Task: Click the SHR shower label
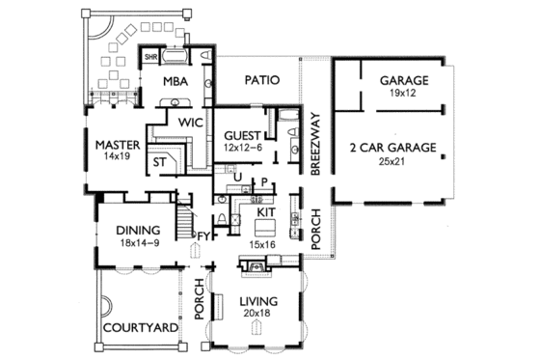(x=151, y=57)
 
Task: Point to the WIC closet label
(x=189, y=122)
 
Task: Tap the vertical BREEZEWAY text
(x=315, y=141)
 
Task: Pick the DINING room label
(x=137, y=230)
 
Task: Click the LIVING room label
(x=258, y=302)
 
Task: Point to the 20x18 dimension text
(x=258, y=315)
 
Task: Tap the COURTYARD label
(x=140, y=328)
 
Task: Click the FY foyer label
(x=203, y=235)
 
